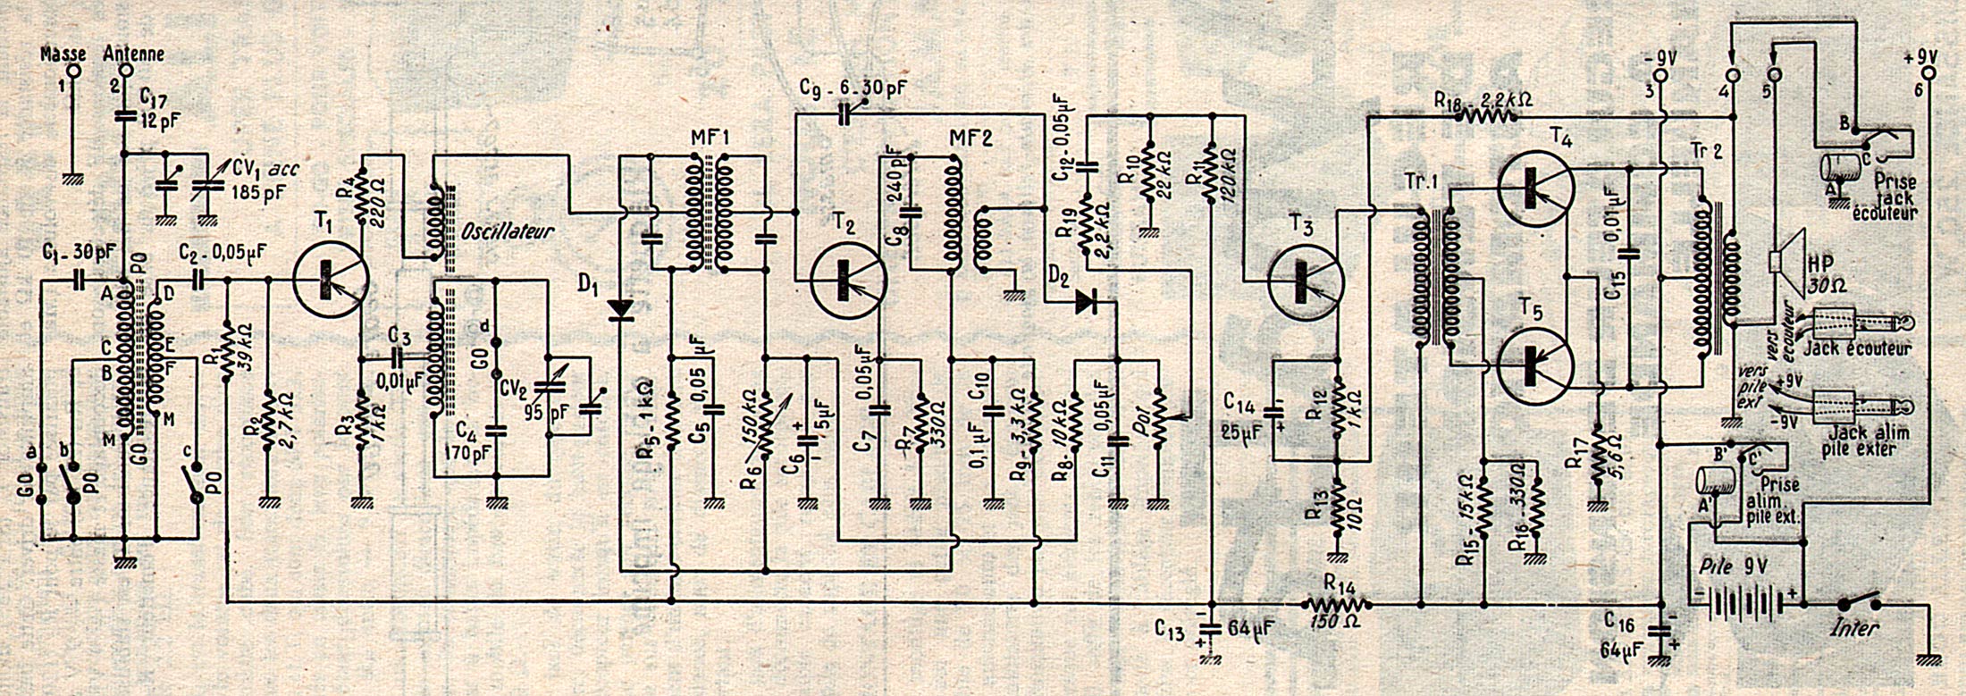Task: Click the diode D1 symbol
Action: click(x=619, y=309)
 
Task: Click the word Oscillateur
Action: click(x=508, y=231)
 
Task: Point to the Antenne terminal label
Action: click(x=134, y=54)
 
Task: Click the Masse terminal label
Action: click(x=63, y=54)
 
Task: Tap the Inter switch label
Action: click(x=1854, y=628)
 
